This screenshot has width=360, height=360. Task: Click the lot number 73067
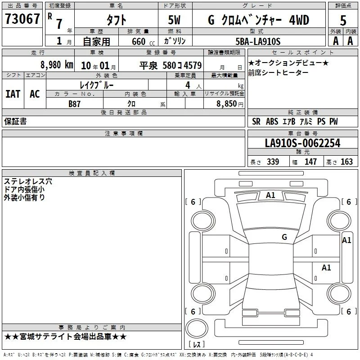(x=22, y=19)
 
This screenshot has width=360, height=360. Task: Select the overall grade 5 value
(x=343, y=20)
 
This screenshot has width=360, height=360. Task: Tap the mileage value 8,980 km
(x=57, y=65)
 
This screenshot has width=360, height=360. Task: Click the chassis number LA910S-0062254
(x=302, y=143)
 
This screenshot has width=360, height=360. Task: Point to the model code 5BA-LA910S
(x=258, y=41)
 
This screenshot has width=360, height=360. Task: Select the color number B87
(x=74, y=104)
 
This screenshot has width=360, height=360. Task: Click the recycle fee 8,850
(x=227, y=104)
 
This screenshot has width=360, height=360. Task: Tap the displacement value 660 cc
(x=143, y=41)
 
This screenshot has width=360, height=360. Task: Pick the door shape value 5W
(x=174, y=20)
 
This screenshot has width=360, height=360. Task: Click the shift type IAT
(x=13, y=94)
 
